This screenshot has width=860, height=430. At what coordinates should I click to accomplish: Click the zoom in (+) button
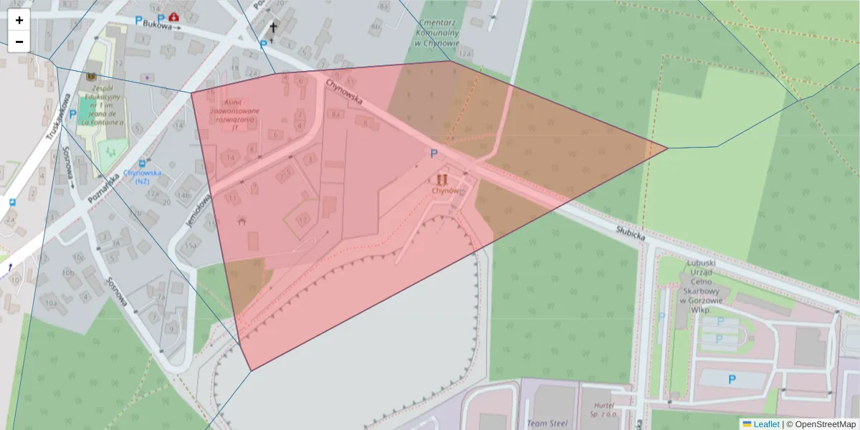click(x=19, y=20)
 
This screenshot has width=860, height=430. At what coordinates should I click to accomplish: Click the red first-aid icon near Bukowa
click(x=174, y=17)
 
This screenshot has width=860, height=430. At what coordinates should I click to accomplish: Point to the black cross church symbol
click(x=272, y=29)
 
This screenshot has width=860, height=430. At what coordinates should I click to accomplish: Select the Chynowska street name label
click(x=344, y=92)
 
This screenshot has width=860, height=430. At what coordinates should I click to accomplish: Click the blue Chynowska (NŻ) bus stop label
click(x=142, y=176)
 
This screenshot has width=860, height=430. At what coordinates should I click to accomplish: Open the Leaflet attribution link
click(x=760, y=424)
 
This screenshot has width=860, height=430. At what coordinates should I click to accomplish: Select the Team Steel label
click(x=547, y=424)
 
